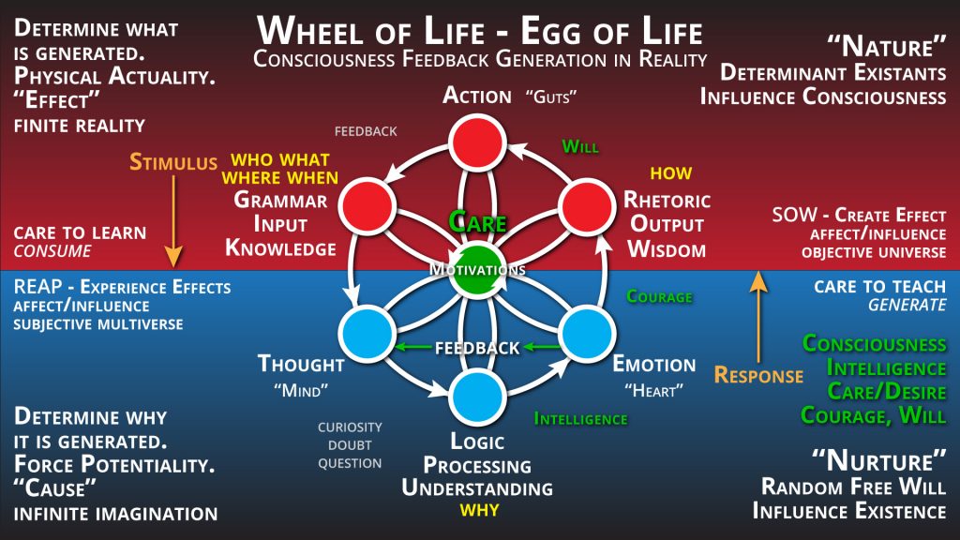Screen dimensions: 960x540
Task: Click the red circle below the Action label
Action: tap(477, 142)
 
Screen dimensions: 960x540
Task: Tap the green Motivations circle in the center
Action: tap(477, 270)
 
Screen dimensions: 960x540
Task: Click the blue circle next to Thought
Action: tap(367, 334)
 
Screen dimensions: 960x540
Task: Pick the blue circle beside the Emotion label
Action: tap(587, 334)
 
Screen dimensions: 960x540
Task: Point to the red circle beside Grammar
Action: tap(367, 206)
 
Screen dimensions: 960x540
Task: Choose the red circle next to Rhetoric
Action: tap(587, 206)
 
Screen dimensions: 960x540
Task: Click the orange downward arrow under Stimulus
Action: tap(173, 221)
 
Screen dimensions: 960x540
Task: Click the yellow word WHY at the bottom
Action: tap(479, 510)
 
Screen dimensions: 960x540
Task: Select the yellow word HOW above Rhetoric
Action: tap(671, 173)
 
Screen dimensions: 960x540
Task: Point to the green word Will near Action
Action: tap(580, 147)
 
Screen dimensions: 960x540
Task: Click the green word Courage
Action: tap(659, 297)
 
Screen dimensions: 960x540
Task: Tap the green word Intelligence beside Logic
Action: tap(581, 419)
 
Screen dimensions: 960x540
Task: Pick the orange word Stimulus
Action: tap(173, 162)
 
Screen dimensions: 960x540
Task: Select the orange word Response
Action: tap(758, 375)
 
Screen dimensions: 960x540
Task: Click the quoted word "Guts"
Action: tap(551, 97)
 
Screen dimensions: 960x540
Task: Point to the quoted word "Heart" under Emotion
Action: tap(653, 390)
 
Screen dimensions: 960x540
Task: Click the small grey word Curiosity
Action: tap(350, 427)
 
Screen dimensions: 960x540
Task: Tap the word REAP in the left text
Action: tap(37, 287)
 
